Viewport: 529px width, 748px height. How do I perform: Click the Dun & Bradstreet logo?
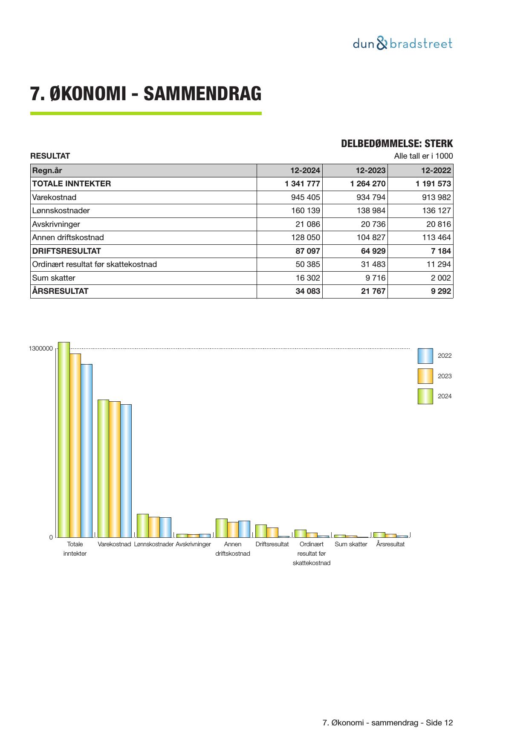[402, 43]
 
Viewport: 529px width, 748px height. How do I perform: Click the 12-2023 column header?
[370, 171]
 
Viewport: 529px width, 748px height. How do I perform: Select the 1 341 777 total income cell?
[302, 184]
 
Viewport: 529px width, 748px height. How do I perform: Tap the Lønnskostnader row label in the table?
[61, 211]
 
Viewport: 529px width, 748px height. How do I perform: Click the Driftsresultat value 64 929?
[373, 251]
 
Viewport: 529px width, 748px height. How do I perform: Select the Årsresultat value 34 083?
[308, 291]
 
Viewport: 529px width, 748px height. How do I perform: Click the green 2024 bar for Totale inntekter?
[64, 439]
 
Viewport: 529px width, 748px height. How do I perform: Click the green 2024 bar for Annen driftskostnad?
[221, 528]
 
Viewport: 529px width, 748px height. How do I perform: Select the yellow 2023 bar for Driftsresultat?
[272, 532]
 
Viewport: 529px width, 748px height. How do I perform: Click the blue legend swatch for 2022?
[425, 356]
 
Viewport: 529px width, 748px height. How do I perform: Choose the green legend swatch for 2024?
[425, 396]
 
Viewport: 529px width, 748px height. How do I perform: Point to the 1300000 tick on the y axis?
[41, 349]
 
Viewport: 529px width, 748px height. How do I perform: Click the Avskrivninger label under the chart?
[193, 544]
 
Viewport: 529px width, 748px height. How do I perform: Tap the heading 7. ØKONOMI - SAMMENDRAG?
[146, 94]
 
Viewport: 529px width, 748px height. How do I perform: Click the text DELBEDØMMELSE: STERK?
[396, 144]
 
